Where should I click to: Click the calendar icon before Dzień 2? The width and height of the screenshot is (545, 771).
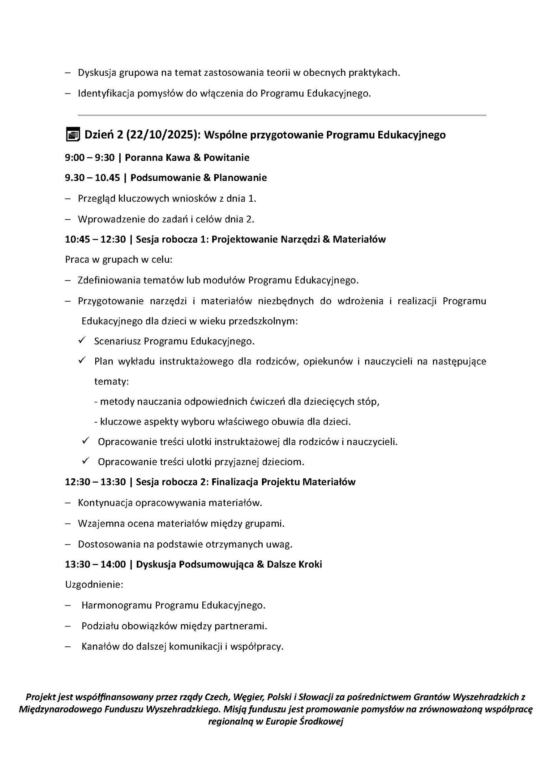73,135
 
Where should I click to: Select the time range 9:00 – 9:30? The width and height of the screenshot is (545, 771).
90,157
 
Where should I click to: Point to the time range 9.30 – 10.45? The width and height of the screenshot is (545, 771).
92,178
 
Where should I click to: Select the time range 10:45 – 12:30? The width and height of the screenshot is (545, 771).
95,239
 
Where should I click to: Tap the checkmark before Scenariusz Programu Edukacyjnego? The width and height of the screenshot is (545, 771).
81,341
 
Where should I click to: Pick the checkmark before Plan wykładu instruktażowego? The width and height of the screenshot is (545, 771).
81,361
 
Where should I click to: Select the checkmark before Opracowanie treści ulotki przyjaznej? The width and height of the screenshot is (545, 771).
85,462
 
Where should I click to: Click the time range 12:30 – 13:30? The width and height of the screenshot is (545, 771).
95,482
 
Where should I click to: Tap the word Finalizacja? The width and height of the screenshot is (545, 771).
234,482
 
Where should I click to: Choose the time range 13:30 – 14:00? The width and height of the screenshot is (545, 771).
95,564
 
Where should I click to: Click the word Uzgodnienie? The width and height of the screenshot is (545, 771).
94,585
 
